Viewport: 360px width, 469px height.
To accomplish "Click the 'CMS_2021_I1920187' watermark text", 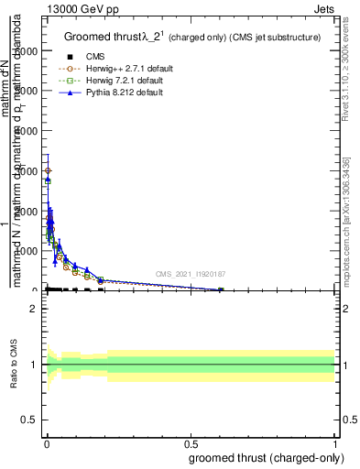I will pyautogui.click(x=190, y=274).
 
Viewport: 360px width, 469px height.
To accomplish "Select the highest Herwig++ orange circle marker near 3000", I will pyautogui.click(x=48, y=171).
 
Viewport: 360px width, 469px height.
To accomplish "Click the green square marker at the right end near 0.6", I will pyautogui.click(x=221, y=289).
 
